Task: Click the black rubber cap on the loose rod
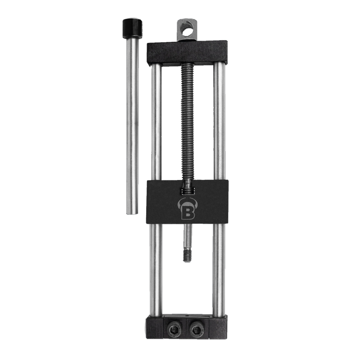[132, 28]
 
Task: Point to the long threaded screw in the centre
[188, 122]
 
